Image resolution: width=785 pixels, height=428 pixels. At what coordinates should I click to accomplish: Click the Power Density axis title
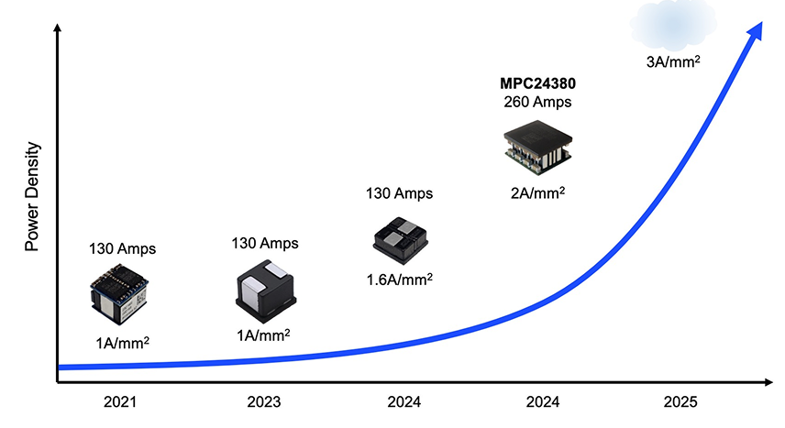tap(32, 196)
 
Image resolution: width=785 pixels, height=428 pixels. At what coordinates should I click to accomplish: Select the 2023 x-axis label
tap(264, 401)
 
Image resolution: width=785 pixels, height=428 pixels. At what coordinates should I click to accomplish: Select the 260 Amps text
tap(538, 103)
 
